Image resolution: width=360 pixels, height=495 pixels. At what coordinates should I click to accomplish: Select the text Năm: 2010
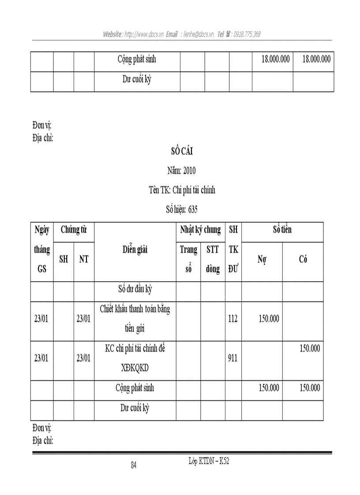181,171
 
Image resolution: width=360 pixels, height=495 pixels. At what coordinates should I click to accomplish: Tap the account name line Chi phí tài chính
182,190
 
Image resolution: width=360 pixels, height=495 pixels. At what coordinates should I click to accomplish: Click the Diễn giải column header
135,249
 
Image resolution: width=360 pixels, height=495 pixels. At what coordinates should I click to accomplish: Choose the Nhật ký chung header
200,230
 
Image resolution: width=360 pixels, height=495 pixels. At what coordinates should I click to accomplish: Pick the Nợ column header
262,260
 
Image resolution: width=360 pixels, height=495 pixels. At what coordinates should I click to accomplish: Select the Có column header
303,260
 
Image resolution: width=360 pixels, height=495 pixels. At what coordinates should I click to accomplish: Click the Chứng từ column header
73,230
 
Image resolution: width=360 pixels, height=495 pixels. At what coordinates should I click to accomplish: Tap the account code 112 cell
233,319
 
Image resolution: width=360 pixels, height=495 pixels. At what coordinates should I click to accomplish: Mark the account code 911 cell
233,358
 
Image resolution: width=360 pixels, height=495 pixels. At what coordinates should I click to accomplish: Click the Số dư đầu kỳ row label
135,290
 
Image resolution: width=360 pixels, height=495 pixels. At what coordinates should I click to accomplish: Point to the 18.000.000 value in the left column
273,59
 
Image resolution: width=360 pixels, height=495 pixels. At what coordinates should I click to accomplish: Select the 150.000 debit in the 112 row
269,319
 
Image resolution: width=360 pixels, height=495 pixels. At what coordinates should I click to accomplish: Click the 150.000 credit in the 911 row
310,349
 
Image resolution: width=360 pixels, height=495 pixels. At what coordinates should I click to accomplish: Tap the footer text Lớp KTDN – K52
209,461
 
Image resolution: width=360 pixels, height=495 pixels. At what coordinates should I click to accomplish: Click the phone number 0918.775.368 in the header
247,34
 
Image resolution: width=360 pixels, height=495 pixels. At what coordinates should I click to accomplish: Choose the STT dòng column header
213,260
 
